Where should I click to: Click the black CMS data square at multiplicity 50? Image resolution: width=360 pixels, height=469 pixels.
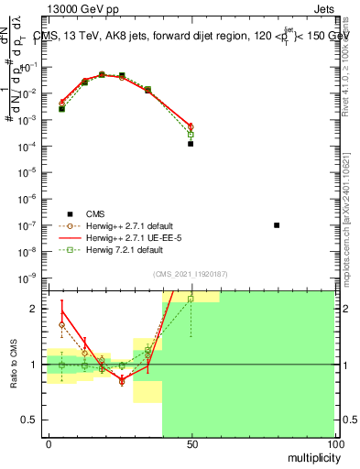click(191, 144)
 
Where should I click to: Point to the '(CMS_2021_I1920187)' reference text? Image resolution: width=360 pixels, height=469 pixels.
click(191, 274)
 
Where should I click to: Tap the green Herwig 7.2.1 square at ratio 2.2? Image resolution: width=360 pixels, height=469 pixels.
click(191, 299)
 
